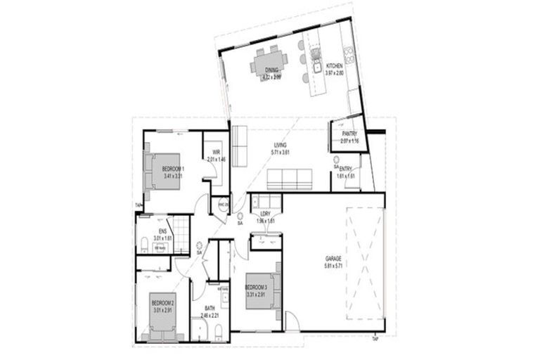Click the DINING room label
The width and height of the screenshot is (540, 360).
tap(271, 70)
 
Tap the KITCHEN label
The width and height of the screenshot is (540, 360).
tap(334, 67)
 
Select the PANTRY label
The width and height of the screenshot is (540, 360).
tap(349, 134)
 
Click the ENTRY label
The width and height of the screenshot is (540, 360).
tap(346, 169)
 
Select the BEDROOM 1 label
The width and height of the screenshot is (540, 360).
tap(172, 169)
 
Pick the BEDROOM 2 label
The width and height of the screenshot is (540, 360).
tap(162, 302)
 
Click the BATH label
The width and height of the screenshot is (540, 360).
tap(210, 308)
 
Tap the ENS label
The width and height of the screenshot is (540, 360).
tap(162, 231)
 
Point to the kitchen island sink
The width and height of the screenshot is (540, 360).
tap(317, 68)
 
